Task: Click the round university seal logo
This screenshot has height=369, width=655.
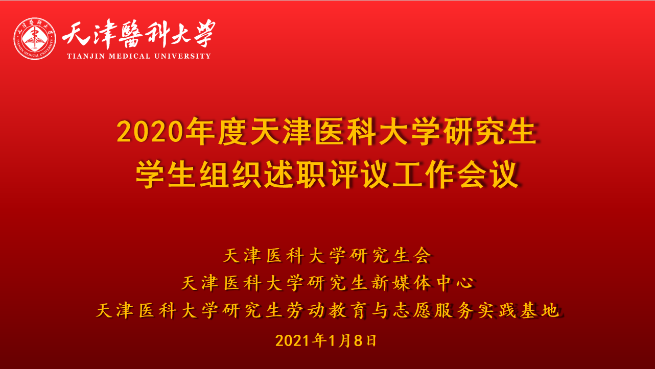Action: [x=35, y=39]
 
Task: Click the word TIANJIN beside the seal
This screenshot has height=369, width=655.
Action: [x=86, y=56]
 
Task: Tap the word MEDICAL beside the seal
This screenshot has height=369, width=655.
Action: [x=130, y=56]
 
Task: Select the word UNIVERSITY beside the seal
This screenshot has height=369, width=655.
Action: [x=182, y=56]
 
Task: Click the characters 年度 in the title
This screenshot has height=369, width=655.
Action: [x=217, y=132]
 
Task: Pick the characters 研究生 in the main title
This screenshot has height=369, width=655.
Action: [x=490, y=132]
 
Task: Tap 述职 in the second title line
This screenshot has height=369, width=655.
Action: [x=295, y=175]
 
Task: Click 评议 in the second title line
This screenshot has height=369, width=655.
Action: [x=359, y=175]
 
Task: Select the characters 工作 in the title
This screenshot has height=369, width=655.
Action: [x=424, y=175]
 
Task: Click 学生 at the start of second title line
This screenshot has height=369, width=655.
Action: [x=166, y=175]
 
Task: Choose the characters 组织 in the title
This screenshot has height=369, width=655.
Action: [x=231, y=175]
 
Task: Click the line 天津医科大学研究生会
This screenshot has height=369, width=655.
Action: [x=328, y=256]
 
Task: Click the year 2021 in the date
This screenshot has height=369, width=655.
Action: [x=292, y=341]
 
